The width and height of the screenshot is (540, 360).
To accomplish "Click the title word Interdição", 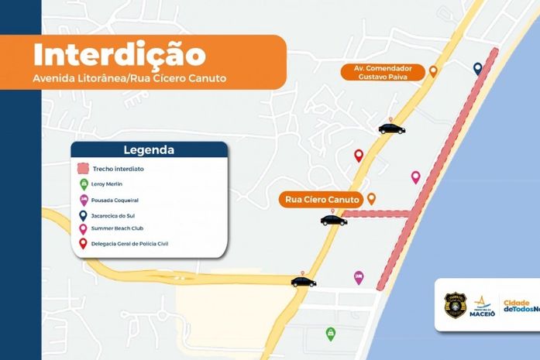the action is click(119, 56).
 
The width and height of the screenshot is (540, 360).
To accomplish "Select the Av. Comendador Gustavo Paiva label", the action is click(384, 72).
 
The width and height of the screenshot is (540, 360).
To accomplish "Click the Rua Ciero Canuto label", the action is click(322, 200).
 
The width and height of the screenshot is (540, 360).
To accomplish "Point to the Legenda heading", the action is click(149, 150).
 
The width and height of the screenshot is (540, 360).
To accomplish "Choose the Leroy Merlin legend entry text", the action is click(108, 184).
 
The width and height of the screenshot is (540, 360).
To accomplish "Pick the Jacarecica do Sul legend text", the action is click(115, 214).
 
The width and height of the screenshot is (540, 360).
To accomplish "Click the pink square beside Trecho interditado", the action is click(83, 169).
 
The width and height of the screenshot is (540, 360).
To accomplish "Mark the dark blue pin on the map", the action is click(478, 69).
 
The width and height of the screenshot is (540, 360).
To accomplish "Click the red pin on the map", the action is click(359, 156).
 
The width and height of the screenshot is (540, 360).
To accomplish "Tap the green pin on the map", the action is click(331, 333).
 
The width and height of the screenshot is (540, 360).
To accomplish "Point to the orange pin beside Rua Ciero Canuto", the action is click(372, 199).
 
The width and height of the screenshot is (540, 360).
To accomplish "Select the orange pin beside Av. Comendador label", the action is click(433, 71).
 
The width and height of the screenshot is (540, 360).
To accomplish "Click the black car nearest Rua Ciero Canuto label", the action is click(334, 221).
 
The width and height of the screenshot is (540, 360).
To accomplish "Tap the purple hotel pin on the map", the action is click(359, 276).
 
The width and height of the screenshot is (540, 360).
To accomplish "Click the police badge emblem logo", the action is click(455, 305).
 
